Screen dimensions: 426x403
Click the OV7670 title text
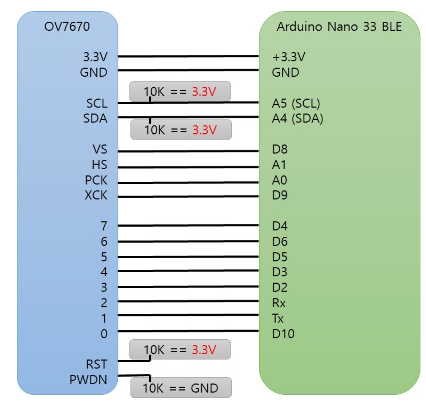67,27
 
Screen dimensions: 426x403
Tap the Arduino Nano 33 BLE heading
339,27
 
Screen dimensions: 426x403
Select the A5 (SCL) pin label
296,103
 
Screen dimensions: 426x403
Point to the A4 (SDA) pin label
297,118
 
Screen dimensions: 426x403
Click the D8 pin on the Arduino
280,149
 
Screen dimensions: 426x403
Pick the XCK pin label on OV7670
96,195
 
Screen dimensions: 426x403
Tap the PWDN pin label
88,380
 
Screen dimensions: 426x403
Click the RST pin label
97,364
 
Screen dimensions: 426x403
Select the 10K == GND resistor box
181,388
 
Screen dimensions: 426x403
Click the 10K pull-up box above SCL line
180,91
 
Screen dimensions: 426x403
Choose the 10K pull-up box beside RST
180,349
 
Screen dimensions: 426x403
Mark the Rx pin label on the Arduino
279,303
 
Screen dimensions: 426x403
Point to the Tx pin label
278,318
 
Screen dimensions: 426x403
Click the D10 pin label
283,334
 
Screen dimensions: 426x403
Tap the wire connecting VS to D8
188,151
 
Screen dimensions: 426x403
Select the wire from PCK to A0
188,182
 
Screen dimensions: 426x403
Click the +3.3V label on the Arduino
289,57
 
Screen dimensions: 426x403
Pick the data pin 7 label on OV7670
104,226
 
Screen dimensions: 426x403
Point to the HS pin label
99,165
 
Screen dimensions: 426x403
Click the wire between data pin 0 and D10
188,331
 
